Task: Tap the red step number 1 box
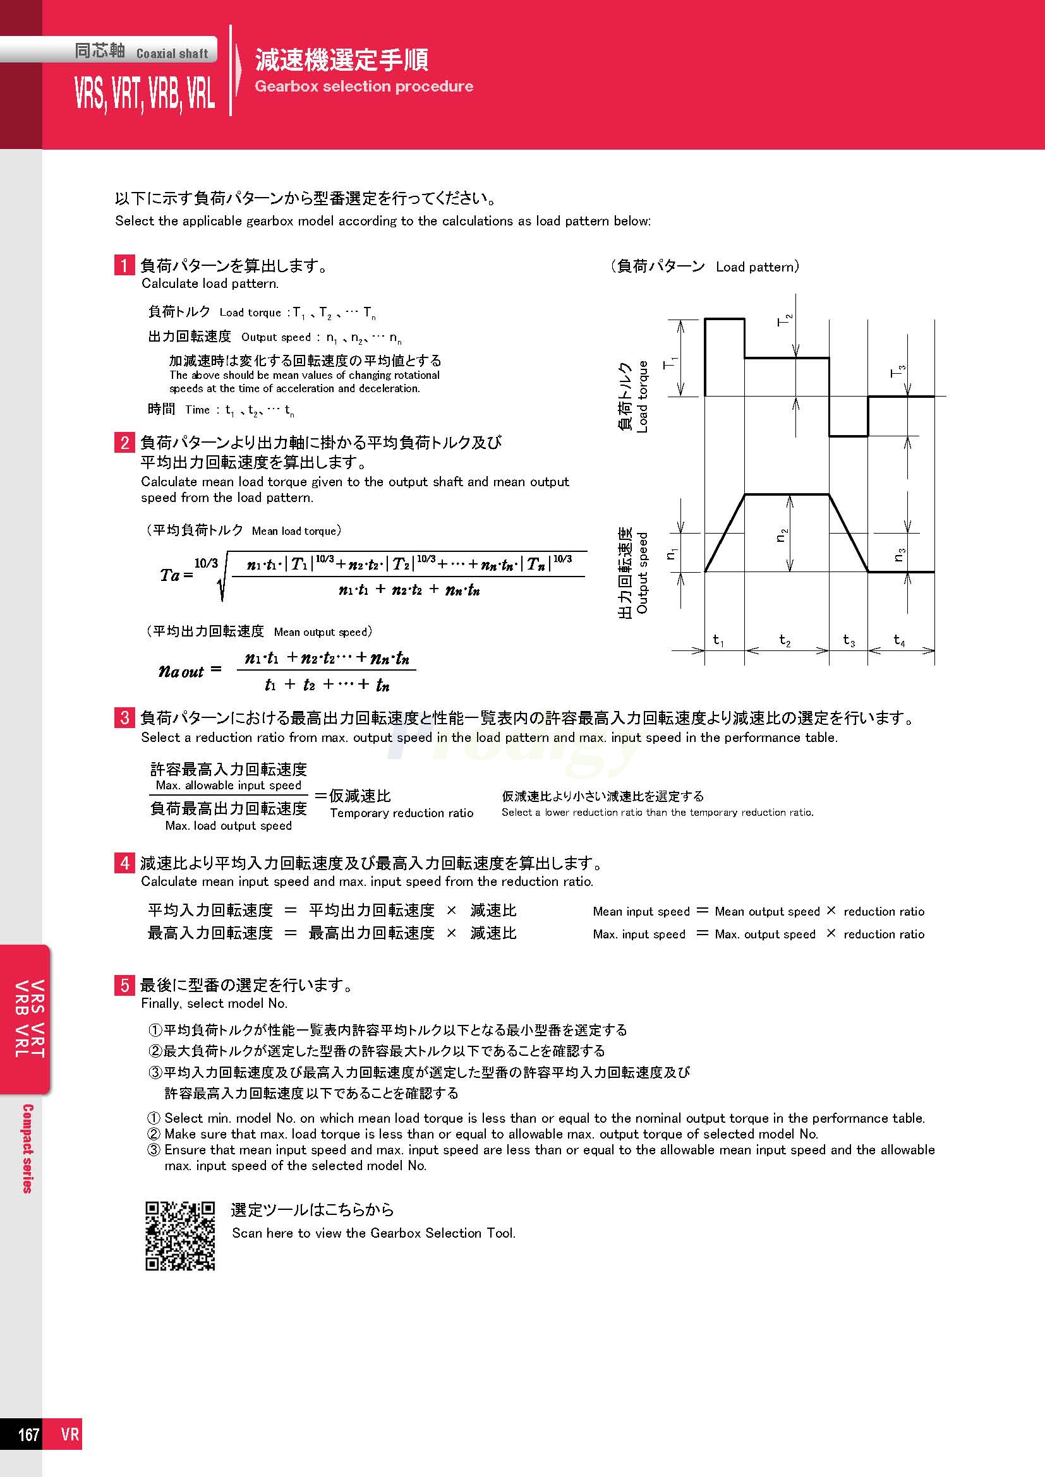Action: [124, 265]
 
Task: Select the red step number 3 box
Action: [124, 717]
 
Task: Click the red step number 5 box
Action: [124, 985]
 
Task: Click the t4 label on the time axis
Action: [899, 640]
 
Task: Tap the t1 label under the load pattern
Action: [719, 640]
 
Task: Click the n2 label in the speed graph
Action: [781, 535]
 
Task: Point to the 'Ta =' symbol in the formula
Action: [176, 575]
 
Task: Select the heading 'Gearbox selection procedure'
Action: [363, 87]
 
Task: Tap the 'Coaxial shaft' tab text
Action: [172, 54]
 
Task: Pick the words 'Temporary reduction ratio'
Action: [402, 813]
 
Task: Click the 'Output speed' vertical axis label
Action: [642, 573]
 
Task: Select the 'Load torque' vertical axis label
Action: [642, 397]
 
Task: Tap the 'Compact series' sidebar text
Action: [28, 1149]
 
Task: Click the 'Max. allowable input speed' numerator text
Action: [229, 786]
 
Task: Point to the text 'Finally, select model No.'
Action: [214, 1003]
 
